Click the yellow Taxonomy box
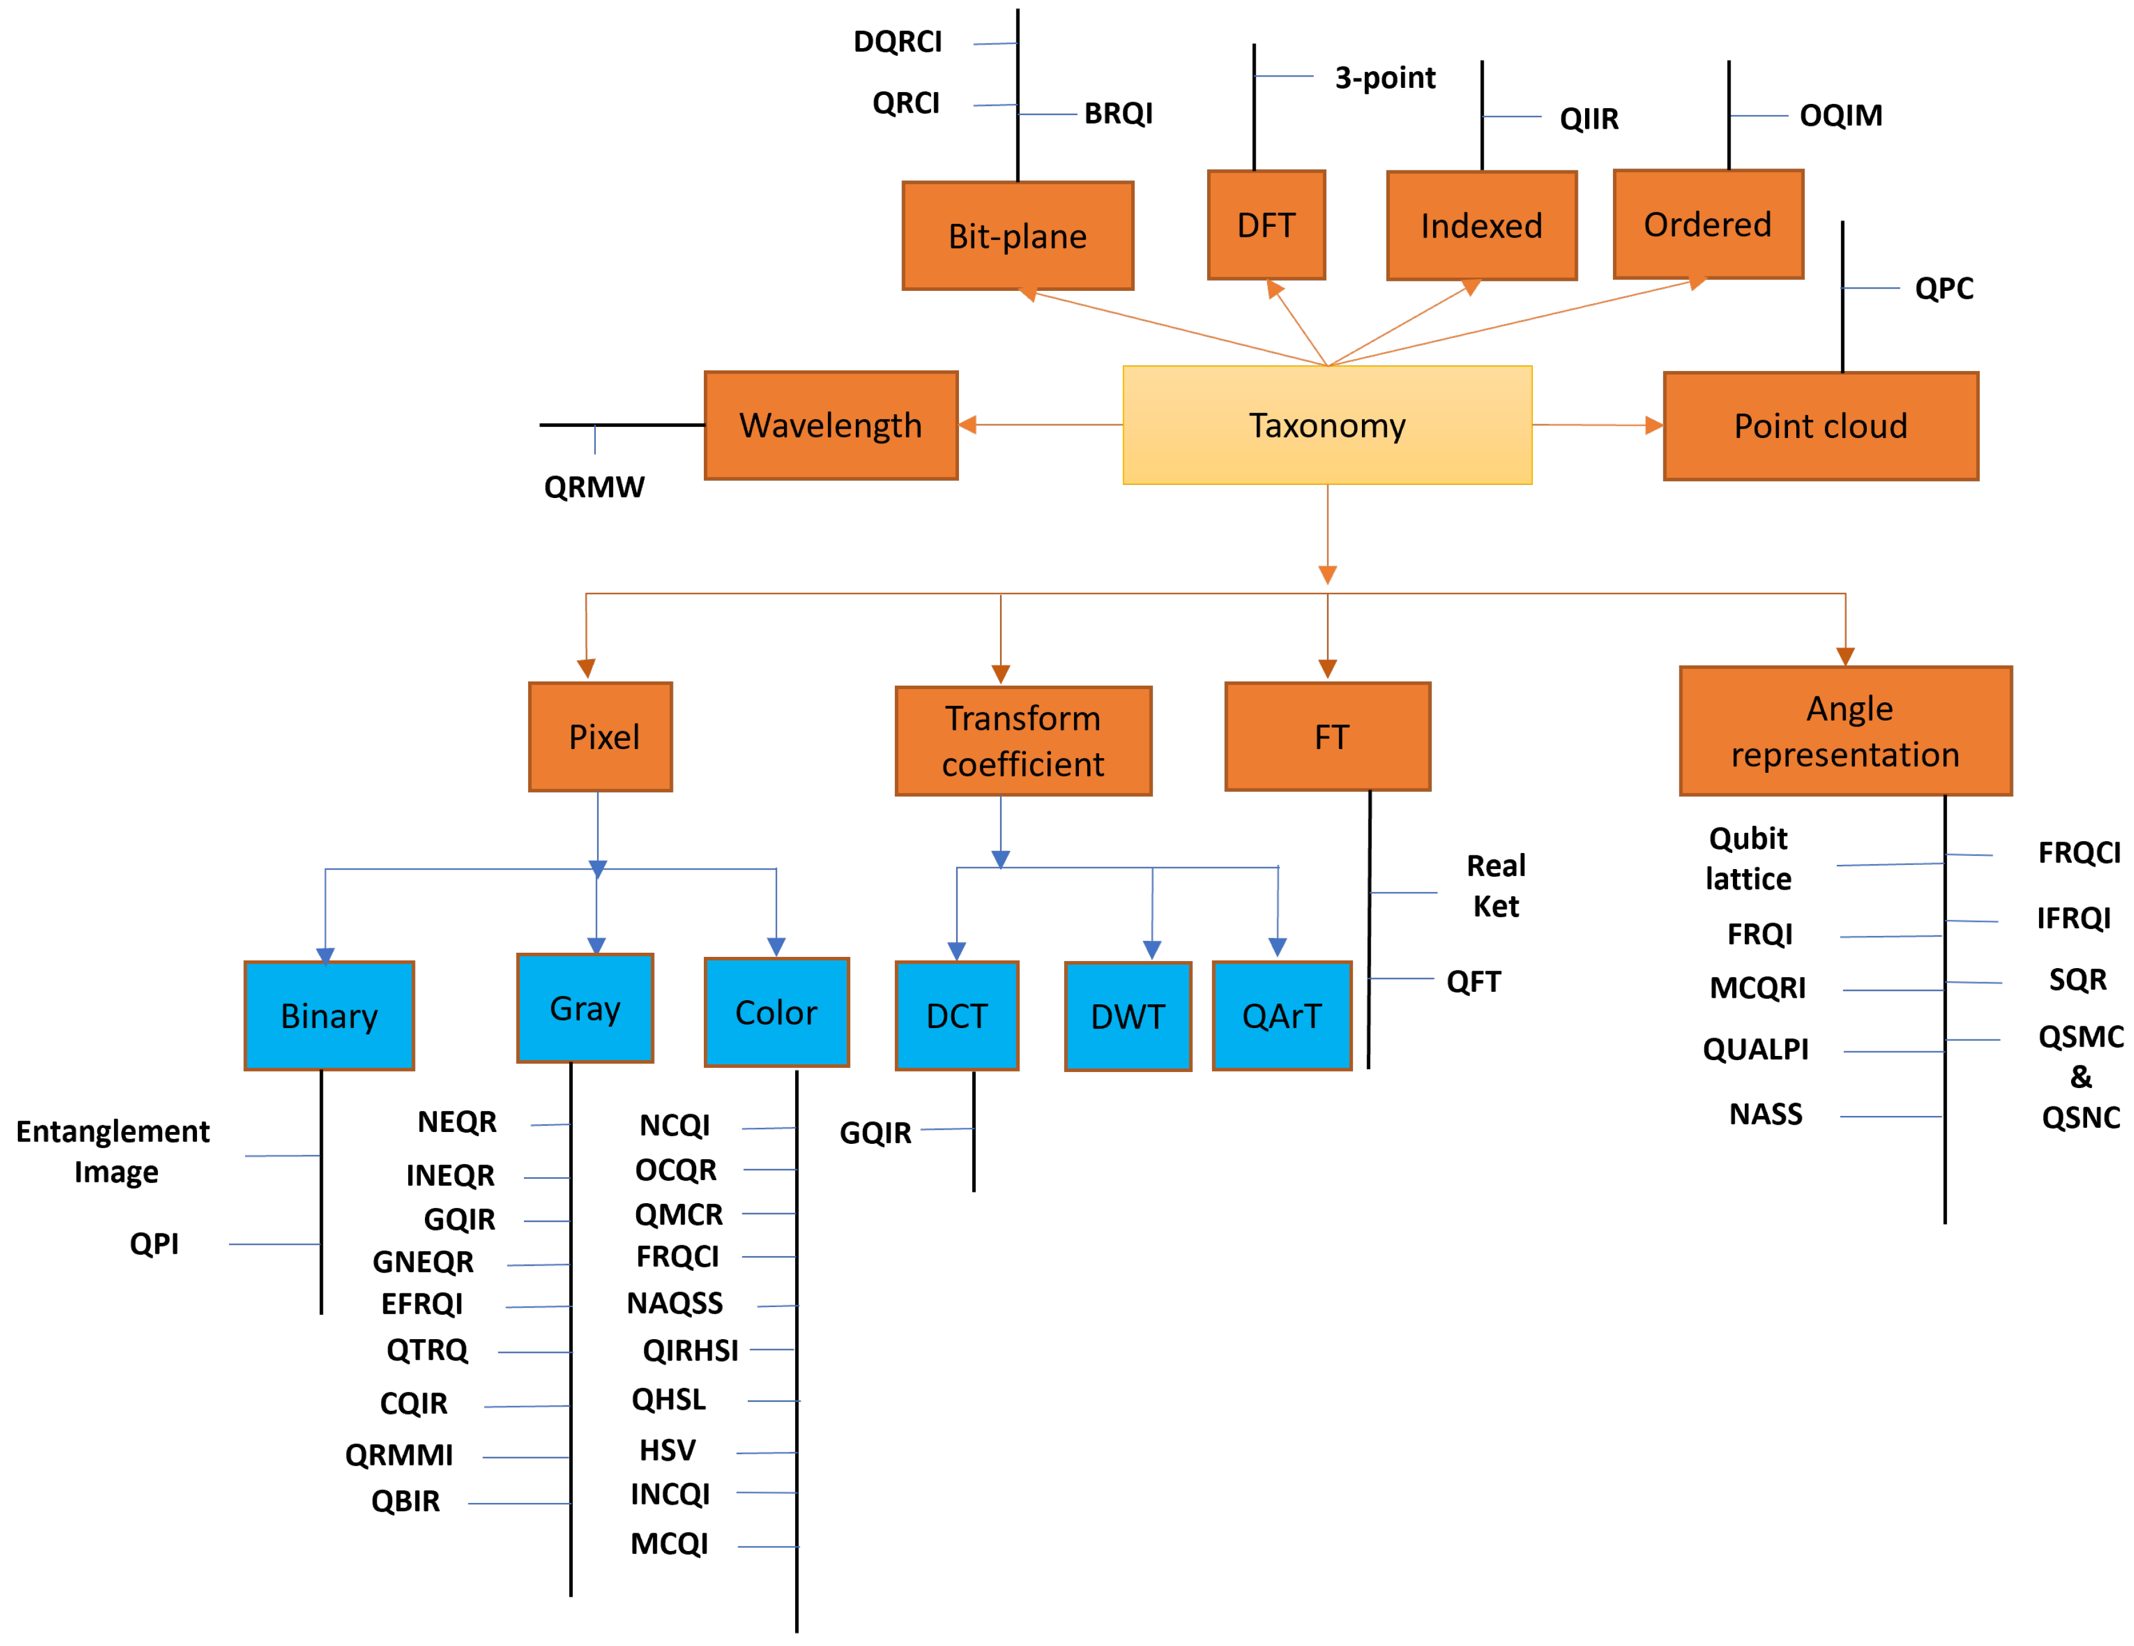(x=1327, y=425)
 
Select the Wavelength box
(x=831, y=425)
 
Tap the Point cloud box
(x=1820, y=426)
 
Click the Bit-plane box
(x=1017, y=236)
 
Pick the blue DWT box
(x=1128, y=1017)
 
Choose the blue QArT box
(x=1281, y=1016)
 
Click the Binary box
(x=329, y=1016)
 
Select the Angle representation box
(x=1845, y=731)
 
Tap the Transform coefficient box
(x=1023, y=741)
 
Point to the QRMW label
(x=594, y=487)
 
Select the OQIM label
(x=1841, y=115)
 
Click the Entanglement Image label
(x=113, y=1152)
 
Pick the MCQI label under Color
(x=669, y=1544)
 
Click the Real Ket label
(x=1496, y=886)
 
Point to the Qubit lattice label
(x=1748, y=858)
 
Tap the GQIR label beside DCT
(x=875, y=1133)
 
